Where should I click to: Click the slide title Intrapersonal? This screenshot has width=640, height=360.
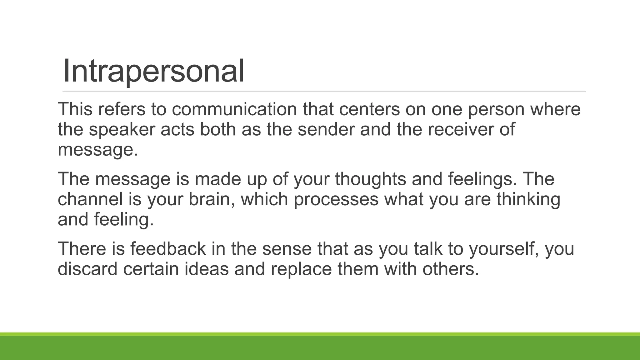(153, 71)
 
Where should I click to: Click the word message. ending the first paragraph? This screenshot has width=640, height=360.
(98, 150)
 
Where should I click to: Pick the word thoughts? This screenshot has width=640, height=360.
(370, 179)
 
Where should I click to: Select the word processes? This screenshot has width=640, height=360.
(336, 200)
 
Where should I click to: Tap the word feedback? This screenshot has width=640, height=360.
(168, 249)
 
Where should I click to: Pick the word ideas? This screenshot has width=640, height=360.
(207, 269)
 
